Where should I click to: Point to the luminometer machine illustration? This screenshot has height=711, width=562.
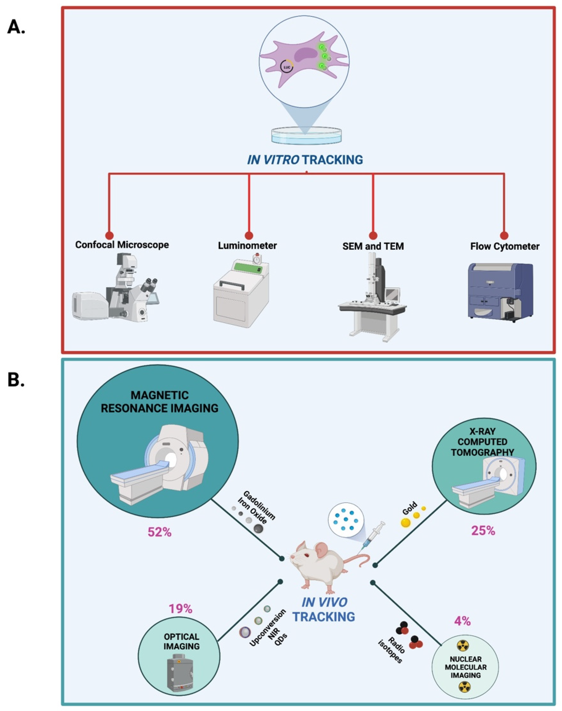241,290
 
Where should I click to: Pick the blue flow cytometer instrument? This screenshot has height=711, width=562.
500,291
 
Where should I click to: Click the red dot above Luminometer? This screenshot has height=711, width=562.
249,235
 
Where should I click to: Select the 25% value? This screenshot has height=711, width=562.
483,531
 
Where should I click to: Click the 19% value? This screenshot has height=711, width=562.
180,609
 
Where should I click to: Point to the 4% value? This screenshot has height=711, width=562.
462,621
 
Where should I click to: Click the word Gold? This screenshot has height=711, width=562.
410,508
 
